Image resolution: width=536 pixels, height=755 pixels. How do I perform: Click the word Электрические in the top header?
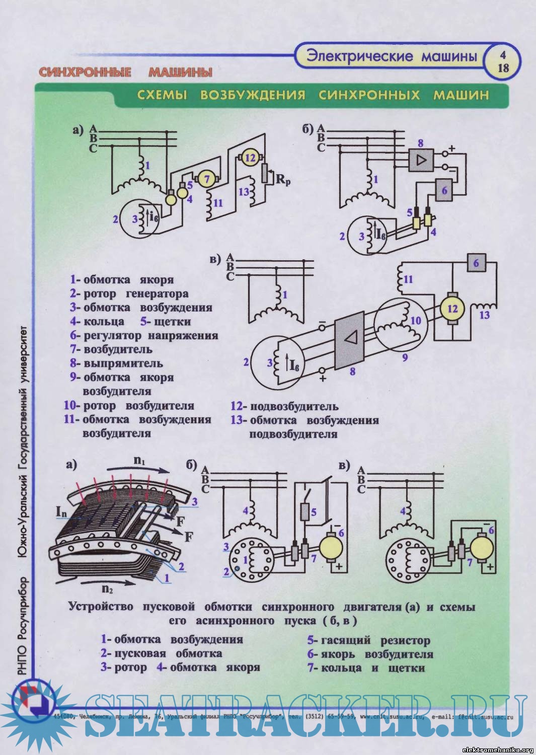[x=359, y=56]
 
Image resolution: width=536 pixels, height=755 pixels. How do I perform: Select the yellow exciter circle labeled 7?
[x=205, y=178]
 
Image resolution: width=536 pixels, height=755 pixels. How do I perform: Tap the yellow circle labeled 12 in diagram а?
[x=250, y=158]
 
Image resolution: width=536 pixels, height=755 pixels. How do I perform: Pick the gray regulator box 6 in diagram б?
[x=445, y=189]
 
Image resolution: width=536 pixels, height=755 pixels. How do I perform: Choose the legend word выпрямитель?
[x=123, y=363]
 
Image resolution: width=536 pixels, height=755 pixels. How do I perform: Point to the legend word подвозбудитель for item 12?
[x=294, y=406]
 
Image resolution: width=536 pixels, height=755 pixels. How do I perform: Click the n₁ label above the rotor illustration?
[x=139, y=460]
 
